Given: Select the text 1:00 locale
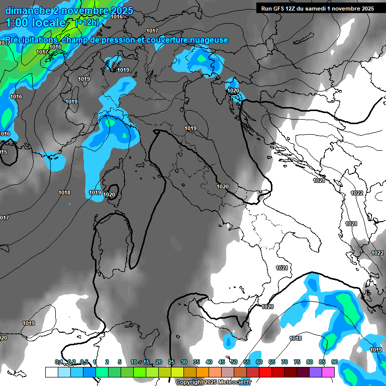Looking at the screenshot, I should coord(35,23).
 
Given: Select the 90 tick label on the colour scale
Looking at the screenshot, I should coord(334,362).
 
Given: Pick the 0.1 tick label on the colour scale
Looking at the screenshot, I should coord(59,362).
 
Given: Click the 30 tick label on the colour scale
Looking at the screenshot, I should coord(184,362).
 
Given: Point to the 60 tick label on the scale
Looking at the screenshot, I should coord(259,362).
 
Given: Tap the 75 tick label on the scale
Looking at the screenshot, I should coord(297,362).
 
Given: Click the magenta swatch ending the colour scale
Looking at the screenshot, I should coord(328,372).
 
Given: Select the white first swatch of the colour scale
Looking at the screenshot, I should coord(51,372).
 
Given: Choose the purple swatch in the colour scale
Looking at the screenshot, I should coord(316,372).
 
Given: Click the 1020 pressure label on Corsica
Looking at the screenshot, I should coord(109,195).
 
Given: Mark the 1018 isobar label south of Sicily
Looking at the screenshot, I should coord(296,338).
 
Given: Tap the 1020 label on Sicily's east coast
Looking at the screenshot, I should coord(267,307).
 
